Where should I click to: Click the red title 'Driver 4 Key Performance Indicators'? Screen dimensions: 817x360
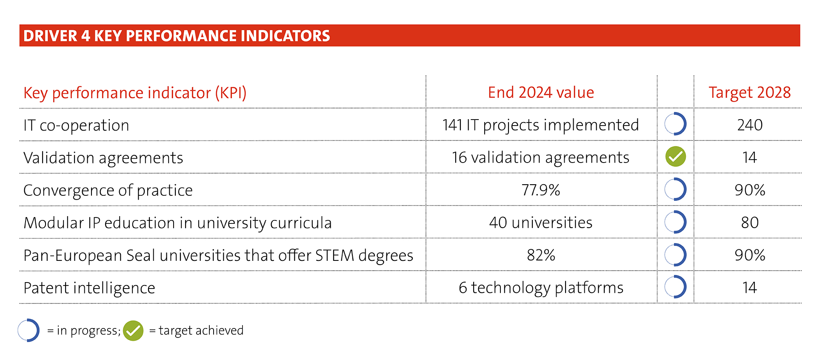[x=177, y=36]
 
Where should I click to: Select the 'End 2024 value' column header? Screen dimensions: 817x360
[x=541, y=92]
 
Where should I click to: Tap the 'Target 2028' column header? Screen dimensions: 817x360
[x=749, y=93]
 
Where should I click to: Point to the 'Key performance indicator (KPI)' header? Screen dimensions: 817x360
[x=135, y=93]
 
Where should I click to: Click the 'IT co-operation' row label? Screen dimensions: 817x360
[x=76, y=126]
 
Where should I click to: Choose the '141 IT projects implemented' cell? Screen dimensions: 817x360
[x=540, y=125]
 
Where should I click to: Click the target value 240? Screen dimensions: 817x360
[x=750, y=125]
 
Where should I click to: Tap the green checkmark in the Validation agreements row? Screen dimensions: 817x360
[x=676, y=157]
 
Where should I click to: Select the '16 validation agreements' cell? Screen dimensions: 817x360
[x=540, y=158]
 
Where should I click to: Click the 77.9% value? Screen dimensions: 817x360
[x=541, y=190]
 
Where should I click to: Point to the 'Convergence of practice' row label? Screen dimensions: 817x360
[x=108, y=191]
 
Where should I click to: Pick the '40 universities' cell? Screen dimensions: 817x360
[x=541, y=223]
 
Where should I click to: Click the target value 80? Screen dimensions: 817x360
[x=750, y=223]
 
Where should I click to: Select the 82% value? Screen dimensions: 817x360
[x=541, y=255]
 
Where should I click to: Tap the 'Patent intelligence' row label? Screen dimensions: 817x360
[x=89, y=288]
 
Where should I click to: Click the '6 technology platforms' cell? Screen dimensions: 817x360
[x=541, y=288]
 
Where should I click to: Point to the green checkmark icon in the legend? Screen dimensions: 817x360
[x=133, y=331]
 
